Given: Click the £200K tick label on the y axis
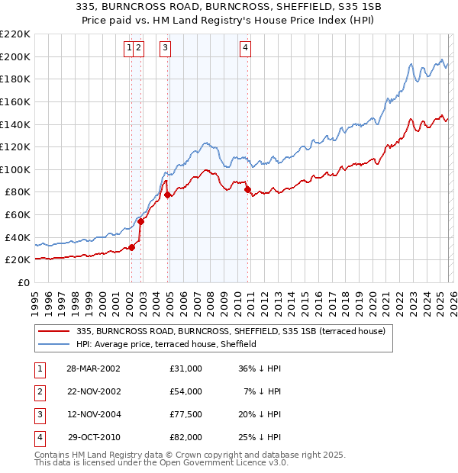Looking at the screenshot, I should click(x=15, y=56).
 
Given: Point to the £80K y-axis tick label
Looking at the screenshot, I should click(x=18, y=192).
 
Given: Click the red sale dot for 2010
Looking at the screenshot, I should click(x=247, y=190).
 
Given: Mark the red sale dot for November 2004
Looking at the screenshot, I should click(x=167, y=195).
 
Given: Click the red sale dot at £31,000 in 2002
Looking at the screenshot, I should click(x=131, y=247).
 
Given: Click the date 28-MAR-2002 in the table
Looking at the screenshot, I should click(x=93, y=368).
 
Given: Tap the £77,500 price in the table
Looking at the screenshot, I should click(x=186, y=414).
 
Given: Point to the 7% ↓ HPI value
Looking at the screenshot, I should click(x=262, y=391).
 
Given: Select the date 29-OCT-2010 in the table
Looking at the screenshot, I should click(x=93, y=437).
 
